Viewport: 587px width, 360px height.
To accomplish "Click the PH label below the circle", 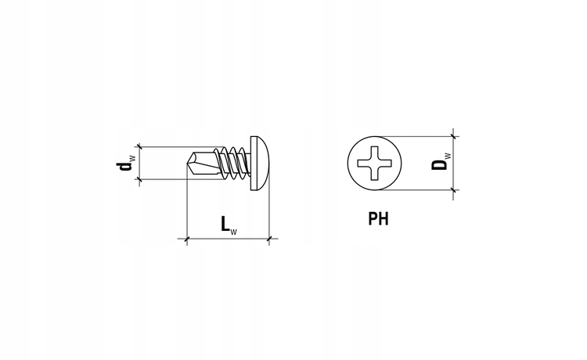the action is [x=379, y=218].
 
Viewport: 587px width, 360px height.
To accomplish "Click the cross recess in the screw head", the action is [x=374, y=163].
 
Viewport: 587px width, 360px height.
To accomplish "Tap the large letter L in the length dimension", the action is [x=225, y=224].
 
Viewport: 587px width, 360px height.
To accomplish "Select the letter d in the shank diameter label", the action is [x=124, y=166].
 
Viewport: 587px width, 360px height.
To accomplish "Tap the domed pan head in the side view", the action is [x=259, y=163].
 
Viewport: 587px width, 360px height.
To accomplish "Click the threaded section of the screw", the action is [x=234, y=163].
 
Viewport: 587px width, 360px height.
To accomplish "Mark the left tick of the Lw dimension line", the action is [x=187, y=239].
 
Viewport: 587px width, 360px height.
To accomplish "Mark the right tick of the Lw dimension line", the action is [x=268, y=239].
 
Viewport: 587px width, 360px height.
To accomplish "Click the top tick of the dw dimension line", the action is [x=139, y=146].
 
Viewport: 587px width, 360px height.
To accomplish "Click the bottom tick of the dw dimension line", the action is [x=139, y=180].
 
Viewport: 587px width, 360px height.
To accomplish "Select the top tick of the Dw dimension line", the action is [x=453, y=136].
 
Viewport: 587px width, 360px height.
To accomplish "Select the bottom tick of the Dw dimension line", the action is [x=453, y=190].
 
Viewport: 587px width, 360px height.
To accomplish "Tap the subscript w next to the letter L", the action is [x=233, y=232].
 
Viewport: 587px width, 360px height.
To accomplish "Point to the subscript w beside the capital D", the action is [x=448, y=156].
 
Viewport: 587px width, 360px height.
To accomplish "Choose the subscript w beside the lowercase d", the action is [x=132, y=157].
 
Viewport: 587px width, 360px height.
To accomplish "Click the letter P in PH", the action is [x=373, y=218].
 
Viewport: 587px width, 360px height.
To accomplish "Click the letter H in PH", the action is [x=384, y=218].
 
